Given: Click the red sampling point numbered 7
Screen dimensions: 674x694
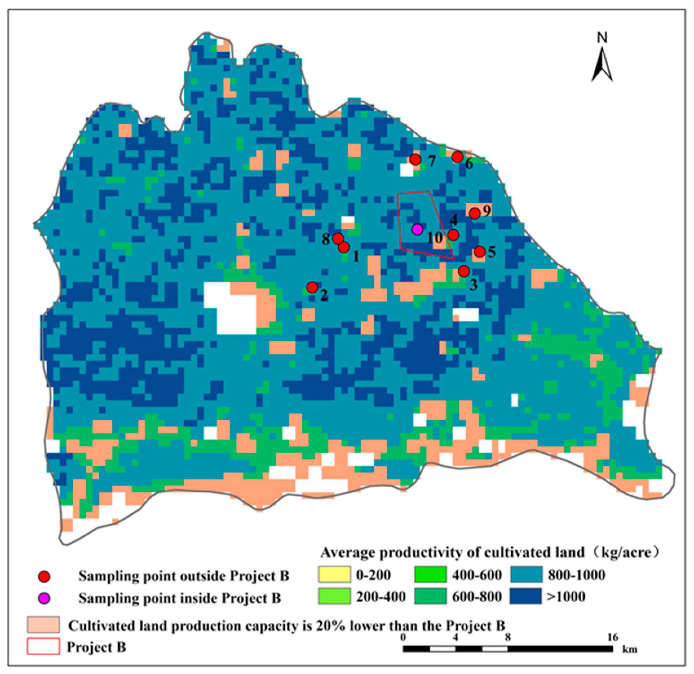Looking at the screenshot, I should pos(415,159).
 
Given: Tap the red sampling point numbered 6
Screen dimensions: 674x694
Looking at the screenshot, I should pos(457,157).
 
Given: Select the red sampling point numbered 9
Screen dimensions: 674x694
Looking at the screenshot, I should pos(475,213).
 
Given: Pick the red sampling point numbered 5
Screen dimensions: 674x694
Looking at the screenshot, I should pos(479,252).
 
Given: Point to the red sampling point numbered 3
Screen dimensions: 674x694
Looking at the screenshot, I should pos(464,271).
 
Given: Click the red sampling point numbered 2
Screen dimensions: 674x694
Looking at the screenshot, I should pos(312,287).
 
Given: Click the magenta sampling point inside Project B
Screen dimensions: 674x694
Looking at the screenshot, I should pos(418,230).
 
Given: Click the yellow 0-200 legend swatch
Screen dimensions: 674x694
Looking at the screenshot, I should pos(334,574).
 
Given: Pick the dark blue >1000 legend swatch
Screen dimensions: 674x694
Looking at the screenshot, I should pos(526,596).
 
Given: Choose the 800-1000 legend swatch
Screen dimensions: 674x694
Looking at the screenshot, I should pos(526,574).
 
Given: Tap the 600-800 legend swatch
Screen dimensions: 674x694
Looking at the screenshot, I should pos(430,596).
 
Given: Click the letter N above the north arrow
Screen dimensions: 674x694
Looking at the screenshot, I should pos(602,38).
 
